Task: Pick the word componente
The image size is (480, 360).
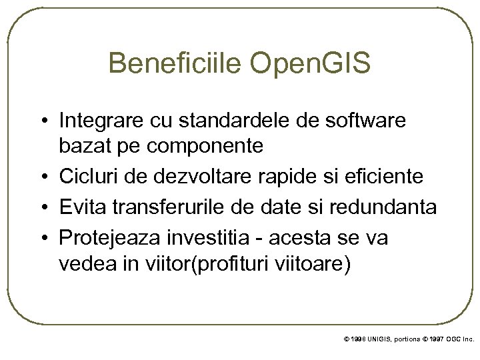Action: tap(217, 146)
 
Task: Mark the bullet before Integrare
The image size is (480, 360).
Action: tap(43, 122)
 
